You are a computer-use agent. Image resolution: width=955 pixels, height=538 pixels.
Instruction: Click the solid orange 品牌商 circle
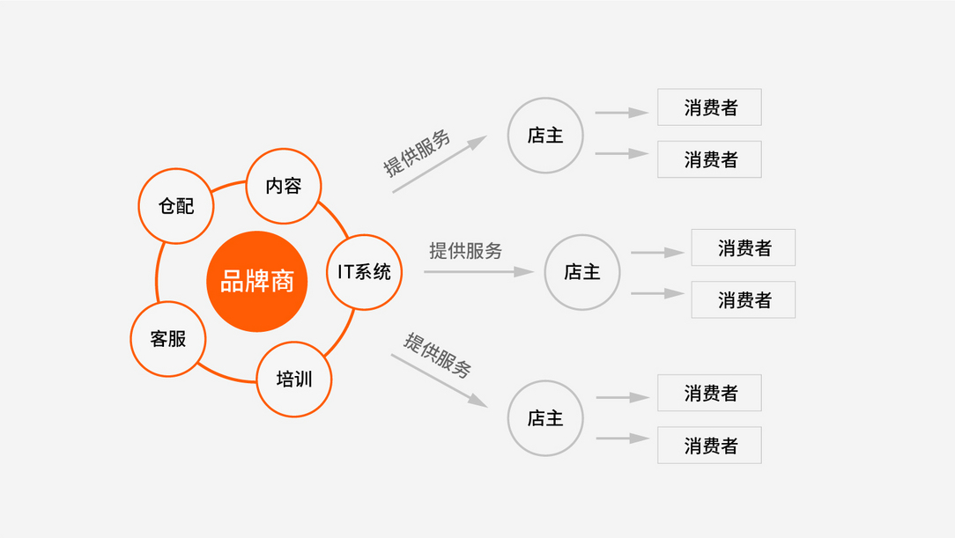pyautogui.click(x=257, y=281)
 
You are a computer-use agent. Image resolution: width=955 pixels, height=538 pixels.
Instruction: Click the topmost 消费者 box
pyautogui.click(x=709, y=107)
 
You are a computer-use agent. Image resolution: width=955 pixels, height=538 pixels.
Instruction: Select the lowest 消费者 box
pyautogui.click(x=709, y=445)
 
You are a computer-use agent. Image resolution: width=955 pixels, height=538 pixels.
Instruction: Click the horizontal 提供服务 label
pyautogui.click(x=466, y=250)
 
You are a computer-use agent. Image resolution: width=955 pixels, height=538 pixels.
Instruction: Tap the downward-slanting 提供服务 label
pyautogui.click(x=437, y=356)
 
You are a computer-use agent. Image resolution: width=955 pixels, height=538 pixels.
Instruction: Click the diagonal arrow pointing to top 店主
pyautogui.click(x=440, y=164)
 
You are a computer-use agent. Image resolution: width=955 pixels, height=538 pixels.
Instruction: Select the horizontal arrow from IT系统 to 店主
pyautogui.click(x=479, y=271)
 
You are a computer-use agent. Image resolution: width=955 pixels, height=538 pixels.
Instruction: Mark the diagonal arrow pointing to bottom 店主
pyautogui.click(x=439, y=380)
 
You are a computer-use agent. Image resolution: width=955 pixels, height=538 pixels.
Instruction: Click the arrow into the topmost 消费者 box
pyautogui.click(x=622, y=113)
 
